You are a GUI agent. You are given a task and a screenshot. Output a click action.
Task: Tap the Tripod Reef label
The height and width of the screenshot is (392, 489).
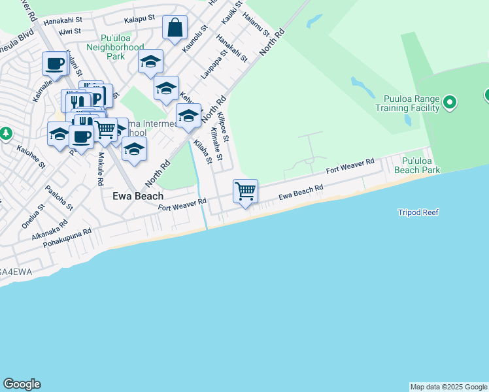tap(418, 212)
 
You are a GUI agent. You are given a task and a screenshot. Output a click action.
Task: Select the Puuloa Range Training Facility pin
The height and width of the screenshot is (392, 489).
tap(449, 103)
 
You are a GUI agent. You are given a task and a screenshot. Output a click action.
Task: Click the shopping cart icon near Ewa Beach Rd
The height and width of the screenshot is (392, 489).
tap(245, 191)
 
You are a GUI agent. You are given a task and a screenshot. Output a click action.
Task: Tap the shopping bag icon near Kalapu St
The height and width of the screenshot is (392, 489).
tap(175, 27)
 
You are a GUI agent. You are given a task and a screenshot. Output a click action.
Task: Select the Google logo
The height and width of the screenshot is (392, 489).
tap(22, 384)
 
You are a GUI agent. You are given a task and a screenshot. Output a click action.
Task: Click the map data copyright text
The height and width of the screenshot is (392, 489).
tap(448, 387)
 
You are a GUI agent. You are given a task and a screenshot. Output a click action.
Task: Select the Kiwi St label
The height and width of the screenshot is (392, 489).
tap(69, 31)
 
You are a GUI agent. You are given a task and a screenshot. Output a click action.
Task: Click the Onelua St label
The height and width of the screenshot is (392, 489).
tap(31, 214)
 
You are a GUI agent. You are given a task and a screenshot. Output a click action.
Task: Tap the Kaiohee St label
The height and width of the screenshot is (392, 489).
tap(31, 157)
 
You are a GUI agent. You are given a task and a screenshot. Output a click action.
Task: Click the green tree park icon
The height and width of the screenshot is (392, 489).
tap(6, 133)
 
